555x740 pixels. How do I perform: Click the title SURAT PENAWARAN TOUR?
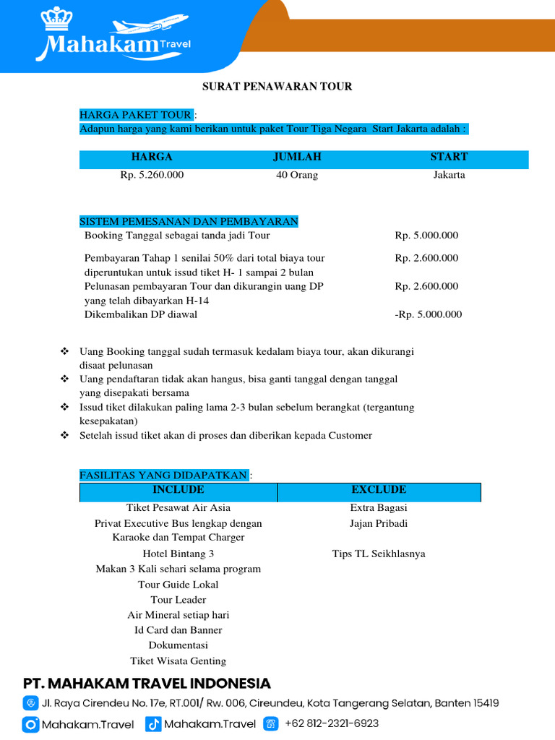pyautogui.click(x=277, y=87)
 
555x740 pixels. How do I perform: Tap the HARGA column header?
pyautogui.click(x=152, y=157)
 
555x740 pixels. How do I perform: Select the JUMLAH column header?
pyautogui.click(x=297, y=157)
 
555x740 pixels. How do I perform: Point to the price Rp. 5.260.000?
pyautogui.click(x=152, y=175)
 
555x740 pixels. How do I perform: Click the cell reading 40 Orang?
pyautogui.click(x=297, y=175)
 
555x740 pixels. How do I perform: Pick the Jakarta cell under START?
pyautogui.click(x=449, y=175)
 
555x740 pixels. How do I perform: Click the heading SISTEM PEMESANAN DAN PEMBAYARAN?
pyautogui.click(x=189, y=221)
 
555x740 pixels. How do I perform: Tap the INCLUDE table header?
pyautogui.click(x=178, y=490)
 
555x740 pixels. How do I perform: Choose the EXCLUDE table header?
pyautogui.click(x=379, y=490)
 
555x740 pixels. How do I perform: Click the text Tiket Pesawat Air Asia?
pyautogui.click(x=178, y=507)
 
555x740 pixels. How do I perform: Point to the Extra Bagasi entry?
pyautogui.click(x=379, y=507)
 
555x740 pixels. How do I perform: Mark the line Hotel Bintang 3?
pyautogui.click(x=178, y=554)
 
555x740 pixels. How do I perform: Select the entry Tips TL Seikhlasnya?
pyautogui.click(x=379, y=554)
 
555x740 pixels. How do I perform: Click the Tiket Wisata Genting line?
pyautogui.click(x=178, y=661)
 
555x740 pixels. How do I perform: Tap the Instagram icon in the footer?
pyautogui.click(x=30, y=723)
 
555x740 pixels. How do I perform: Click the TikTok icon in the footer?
pyautogui.click(x=152, y=723)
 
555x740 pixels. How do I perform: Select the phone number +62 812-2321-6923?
pyautogui.click(x=332, y=723)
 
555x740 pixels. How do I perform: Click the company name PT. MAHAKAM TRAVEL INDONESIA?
pyautogui.click(x=147, y=684)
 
